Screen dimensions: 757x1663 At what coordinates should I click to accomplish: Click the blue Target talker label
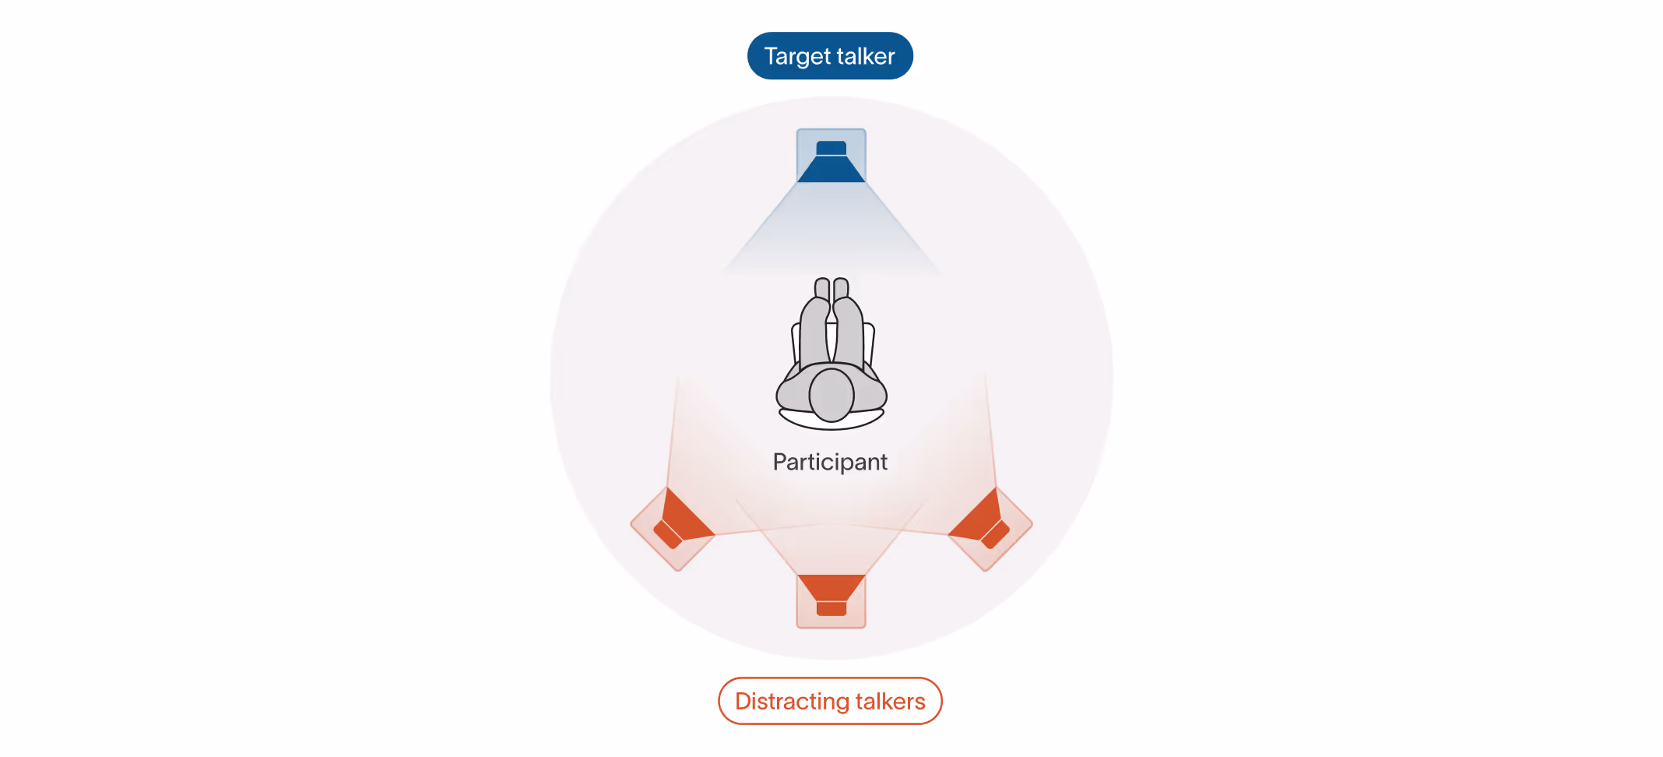pyautogui.click(x=830, y=56)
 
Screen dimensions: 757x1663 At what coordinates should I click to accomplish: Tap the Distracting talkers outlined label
pyautogui.click(x=830, y=701)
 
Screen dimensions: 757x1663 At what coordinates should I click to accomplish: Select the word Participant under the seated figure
pyautogui.click(x=830, y=462)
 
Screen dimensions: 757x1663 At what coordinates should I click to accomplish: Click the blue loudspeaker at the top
pyautogui.click(x=831, y=159)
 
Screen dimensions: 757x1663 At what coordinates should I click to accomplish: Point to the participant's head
pyautogui.click(x=831, y=395)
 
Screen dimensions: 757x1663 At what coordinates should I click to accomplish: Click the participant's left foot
pyautogui.click(x=822, y=287)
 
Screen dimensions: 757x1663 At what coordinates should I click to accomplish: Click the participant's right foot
pyautogui.click(x=841, y=287)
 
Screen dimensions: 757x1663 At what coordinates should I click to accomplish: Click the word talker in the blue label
pyautogui.click(x=866, y=56)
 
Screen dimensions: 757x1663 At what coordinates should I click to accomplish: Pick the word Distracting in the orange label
pyautogui.click(x=792, y=701)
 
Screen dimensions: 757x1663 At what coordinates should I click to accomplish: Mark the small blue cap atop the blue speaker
pyautogui.click(x=831, y=147)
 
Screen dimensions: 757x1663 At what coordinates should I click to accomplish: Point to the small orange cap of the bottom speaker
pyautogui.click(x=831, y=609)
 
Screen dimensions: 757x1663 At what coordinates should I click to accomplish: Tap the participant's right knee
pyautogui.click(x=849, y=312)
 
